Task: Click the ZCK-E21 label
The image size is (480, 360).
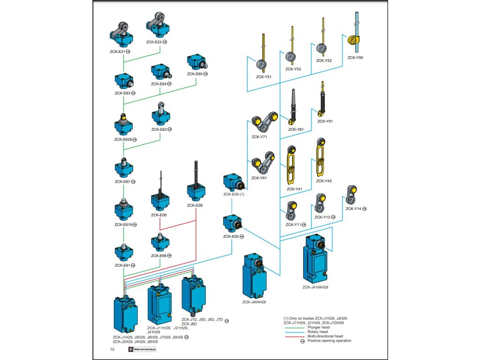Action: [116, 51]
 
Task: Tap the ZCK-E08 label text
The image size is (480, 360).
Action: [195, 205]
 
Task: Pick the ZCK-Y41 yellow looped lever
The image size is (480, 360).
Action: [291, 166]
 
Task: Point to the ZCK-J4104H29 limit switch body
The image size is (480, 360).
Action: [315, 260]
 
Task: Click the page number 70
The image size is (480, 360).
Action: [112, 349]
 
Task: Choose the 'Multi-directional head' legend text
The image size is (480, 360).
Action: [325, 336]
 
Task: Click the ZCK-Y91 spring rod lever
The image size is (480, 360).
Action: [322, 100]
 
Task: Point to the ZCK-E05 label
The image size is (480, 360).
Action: [231, 237]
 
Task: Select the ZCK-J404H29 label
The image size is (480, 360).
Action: [254, 302]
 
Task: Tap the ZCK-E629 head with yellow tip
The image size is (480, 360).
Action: [124, 124]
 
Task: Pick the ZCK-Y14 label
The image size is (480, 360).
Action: [353, 209]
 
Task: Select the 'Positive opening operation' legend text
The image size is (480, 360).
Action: [329, 341]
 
